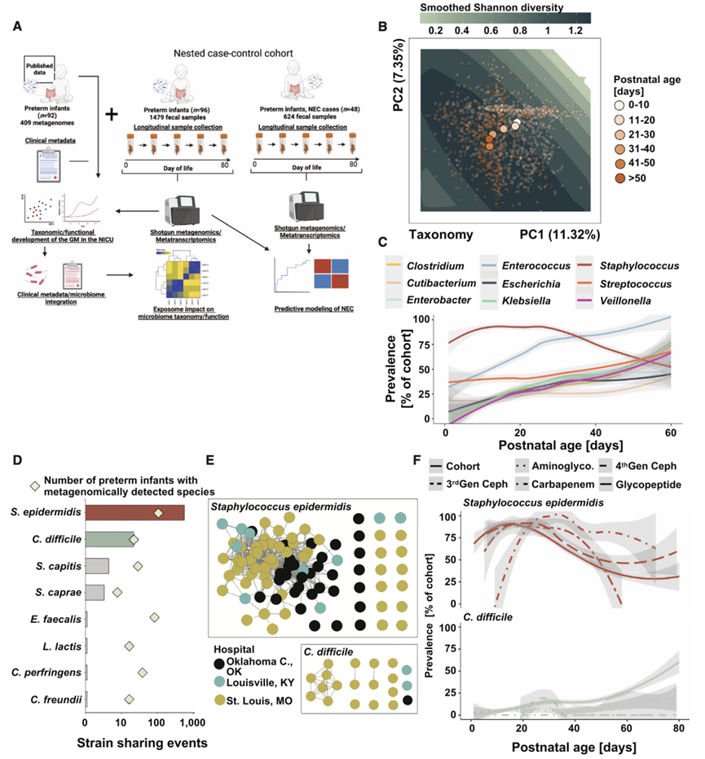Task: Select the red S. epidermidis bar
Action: click(134, 512)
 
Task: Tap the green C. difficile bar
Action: click(110, 538)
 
